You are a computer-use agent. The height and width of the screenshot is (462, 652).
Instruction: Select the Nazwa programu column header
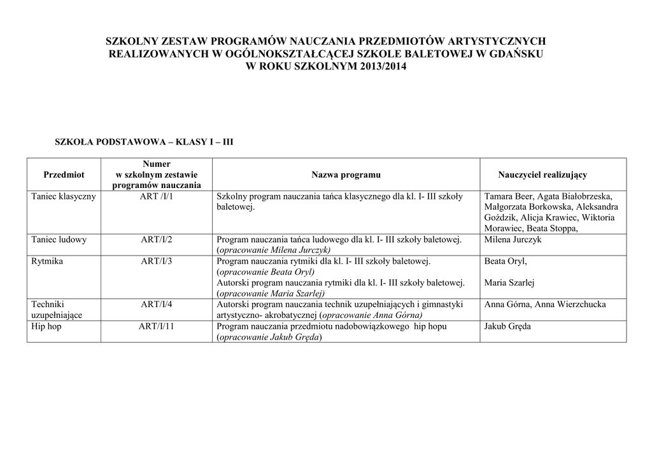(x=346, y=175)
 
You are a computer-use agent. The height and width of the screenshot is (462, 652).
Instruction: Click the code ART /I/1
(x=157, y=196)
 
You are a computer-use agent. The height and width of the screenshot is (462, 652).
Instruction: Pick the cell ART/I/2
(x=157, y=240)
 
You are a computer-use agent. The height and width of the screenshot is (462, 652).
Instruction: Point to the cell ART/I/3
(x=157, y=261)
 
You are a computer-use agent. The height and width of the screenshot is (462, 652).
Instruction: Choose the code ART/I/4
(x=157, y=305)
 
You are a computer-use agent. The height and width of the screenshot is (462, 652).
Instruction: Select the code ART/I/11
(x=157, y=326)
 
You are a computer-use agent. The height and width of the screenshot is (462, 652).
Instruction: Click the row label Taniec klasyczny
(x=64, y=196)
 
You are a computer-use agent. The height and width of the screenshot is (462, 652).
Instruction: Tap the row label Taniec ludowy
(x=59, y=240)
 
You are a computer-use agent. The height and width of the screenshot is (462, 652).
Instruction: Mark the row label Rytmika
(x=47, y=261)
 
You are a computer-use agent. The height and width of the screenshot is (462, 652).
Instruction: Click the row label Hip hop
(x=46, y=326)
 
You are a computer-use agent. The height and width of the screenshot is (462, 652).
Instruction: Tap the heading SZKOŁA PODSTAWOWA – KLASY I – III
(x=145, y=141)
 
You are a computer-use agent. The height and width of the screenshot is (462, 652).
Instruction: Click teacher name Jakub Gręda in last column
(x=507, y=326)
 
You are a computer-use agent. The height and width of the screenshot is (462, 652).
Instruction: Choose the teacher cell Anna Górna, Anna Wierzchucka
(x=545, y=305)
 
